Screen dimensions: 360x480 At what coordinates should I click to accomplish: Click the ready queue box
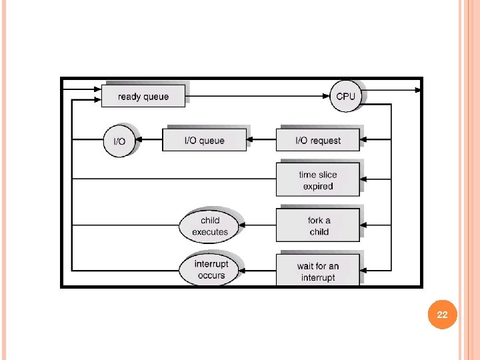click(x=143, y=97)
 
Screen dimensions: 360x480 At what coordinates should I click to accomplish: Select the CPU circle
click(x=345, y=97)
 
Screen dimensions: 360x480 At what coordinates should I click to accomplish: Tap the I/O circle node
click(x=119, y=141)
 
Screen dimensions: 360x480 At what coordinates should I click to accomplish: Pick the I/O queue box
click(x=204, y=141)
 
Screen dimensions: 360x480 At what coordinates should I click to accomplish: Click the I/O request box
click(x=318, y=141)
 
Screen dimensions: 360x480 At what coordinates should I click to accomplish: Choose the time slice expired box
click(x=318, y=180)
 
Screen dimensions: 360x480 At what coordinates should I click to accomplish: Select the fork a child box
click(x=318, y=225)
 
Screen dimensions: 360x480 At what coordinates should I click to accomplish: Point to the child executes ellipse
click(x=209, y=226)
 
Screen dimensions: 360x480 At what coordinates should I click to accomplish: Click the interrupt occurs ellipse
click(x=211, y=270)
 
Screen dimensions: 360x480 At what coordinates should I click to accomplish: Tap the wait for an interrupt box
click(x=318, y=271)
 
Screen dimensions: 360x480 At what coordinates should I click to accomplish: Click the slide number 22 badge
click(x=442, y=315)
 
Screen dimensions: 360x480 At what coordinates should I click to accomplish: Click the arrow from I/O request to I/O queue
click(x=261, y=141)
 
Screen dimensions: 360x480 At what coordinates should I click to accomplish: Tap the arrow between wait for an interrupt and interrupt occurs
click(x=259, y=271)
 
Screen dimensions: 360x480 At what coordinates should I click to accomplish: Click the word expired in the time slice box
click(x=318, y=186)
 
